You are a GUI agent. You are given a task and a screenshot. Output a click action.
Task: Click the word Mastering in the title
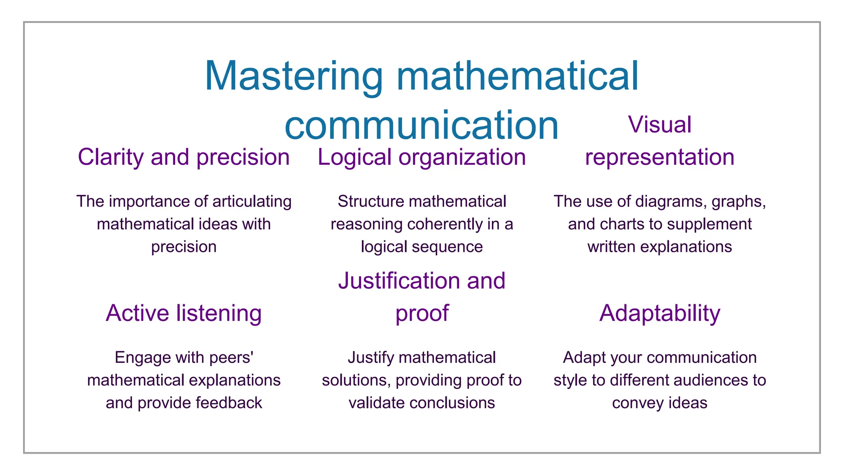point(293,77)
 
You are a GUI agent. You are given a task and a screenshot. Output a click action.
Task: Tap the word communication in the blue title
point(421,125)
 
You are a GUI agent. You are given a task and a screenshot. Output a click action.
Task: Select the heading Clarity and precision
point(184,158)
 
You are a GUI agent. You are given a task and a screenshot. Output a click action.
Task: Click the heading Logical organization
point(422,158)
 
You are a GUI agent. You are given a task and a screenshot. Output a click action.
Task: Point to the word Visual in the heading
point(659,125)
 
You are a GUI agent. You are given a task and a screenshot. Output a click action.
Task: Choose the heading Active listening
point(184,313)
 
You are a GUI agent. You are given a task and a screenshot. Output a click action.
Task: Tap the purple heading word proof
point(422,313)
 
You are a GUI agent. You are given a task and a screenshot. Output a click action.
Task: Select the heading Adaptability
point(659,313)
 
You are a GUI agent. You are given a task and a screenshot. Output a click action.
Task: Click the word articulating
point(252,202)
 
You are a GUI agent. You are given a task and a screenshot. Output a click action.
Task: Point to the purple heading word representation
point(659,158)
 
